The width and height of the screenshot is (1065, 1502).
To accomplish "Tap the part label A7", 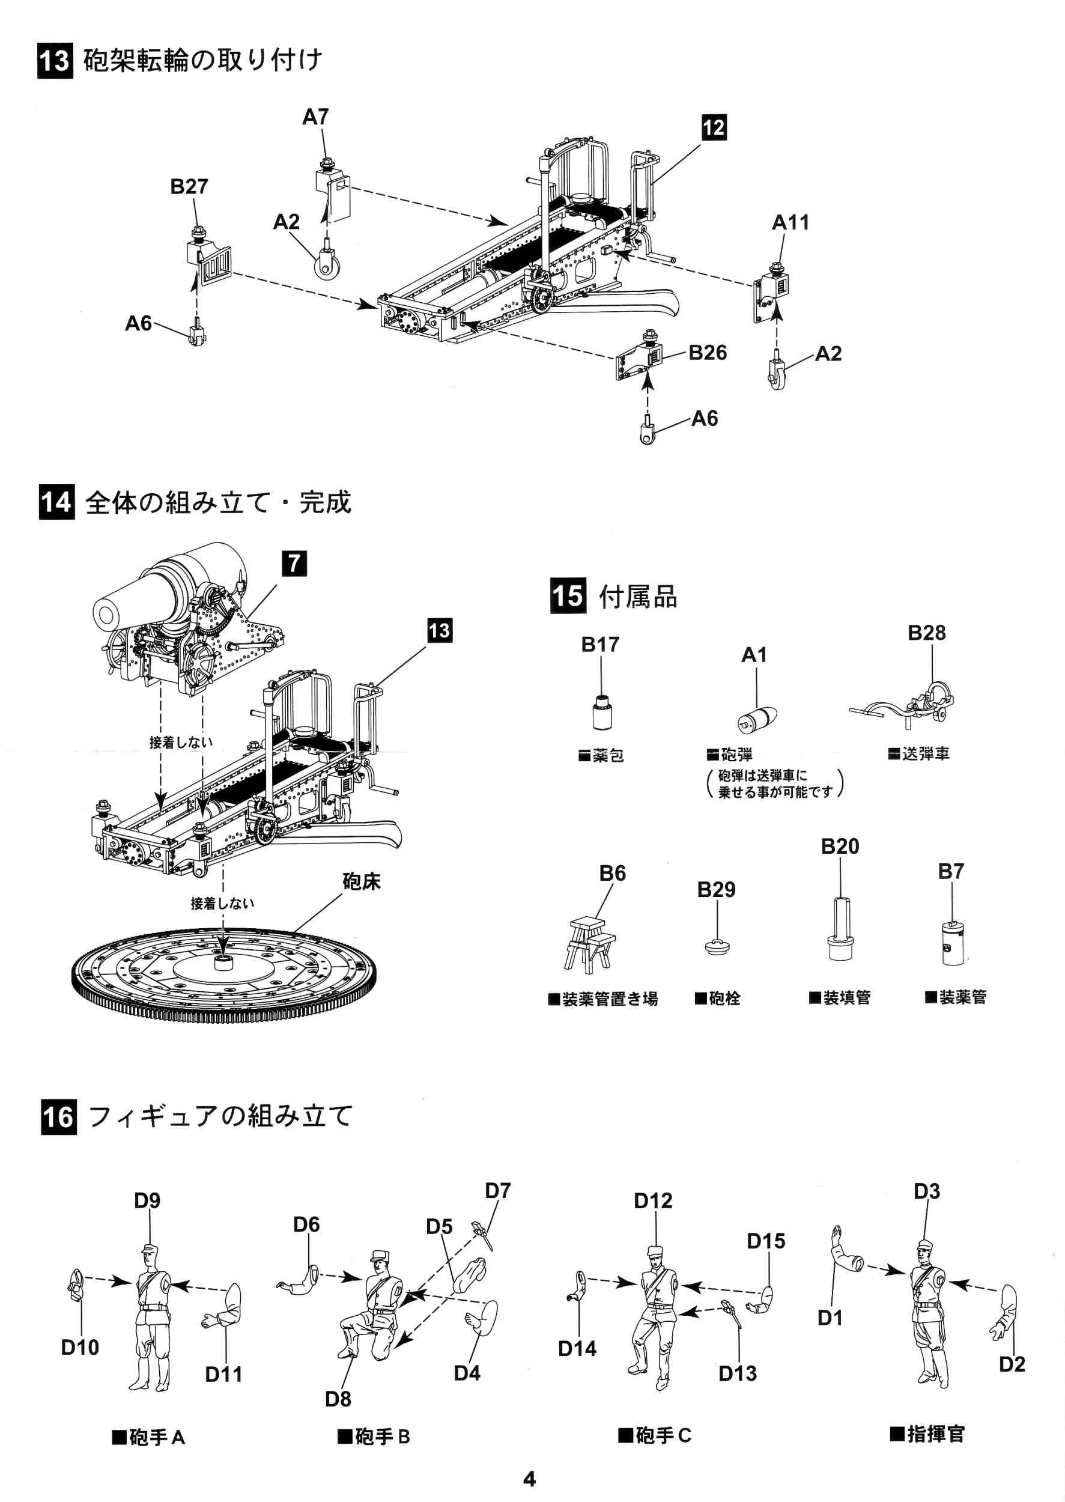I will (315, 117).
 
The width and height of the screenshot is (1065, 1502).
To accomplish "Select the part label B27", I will (189, 186).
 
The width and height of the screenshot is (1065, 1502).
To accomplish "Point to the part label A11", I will (790, 222).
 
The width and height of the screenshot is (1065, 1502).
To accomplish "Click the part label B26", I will (707, 352).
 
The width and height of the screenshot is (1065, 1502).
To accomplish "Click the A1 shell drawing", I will (757, 720).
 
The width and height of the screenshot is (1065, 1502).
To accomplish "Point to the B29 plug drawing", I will (717, 946).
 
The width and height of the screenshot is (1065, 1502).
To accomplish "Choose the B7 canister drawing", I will (952, 943).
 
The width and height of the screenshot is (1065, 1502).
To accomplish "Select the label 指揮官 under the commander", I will (927, 1434).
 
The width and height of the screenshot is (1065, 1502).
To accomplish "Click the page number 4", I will (529, 1479).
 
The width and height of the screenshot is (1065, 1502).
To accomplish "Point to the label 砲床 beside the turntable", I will (362, 881).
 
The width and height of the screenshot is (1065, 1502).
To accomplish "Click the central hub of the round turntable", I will (223, 962).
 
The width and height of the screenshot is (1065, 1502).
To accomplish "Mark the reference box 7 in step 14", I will (294, 564).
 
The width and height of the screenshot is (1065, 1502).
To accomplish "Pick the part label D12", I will (653, 1200).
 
